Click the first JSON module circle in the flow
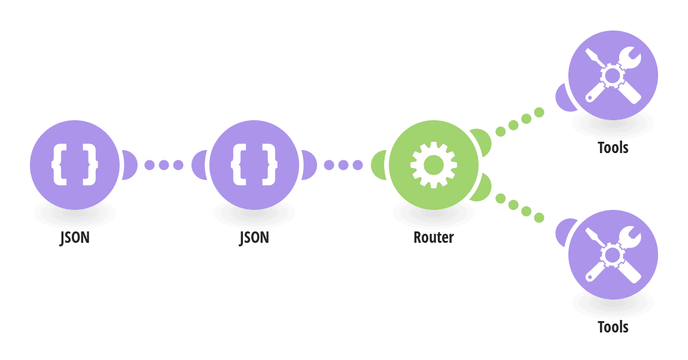click(75, 165)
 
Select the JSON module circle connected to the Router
click(254, 165)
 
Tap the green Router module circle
click(434, 165)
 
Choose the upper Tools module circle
click(613, 75)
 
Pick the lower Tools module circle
click(613, 255)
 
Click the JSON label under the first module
click(75, 237)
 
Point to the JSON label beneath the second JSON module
click(254, 237)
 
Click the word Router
click(434, 237)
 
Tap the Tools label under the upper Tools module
click(613, 148)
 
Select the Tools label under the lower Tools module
click(613, 327)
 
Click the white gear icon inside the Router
click(434, 165)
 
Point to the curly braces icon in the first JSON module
click(75, 164)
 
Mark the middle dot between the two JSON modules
click(164, 165)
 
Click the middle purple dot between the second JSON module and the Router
click(343, 165)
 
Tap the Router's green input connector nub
click(378, 165)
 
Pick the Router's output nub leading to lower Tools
click(482, 188)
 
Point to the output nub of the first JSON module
click(130, 165)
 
